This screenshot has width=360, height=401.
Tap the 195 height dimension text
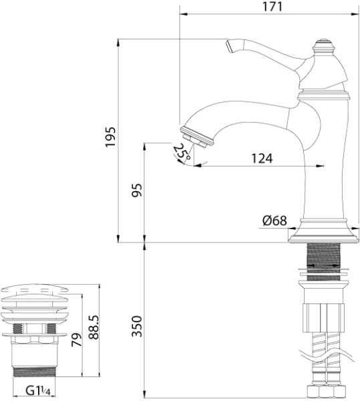point(112,136)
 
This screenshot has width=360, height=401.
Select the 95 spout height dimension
point(137,191)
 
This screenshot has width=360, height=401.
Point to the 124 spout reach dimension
point(262,158)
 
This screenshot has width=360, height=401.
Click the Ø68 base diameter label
point(275,221)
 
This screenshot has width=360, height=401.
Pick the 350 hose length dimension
point(137,325)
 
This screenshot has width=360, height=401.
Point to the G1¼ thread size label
point(39,390)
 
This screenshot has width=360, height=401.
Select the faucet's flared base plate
point(323,235)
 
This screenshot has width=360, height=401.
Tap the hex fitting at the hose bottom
point(323,391)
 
